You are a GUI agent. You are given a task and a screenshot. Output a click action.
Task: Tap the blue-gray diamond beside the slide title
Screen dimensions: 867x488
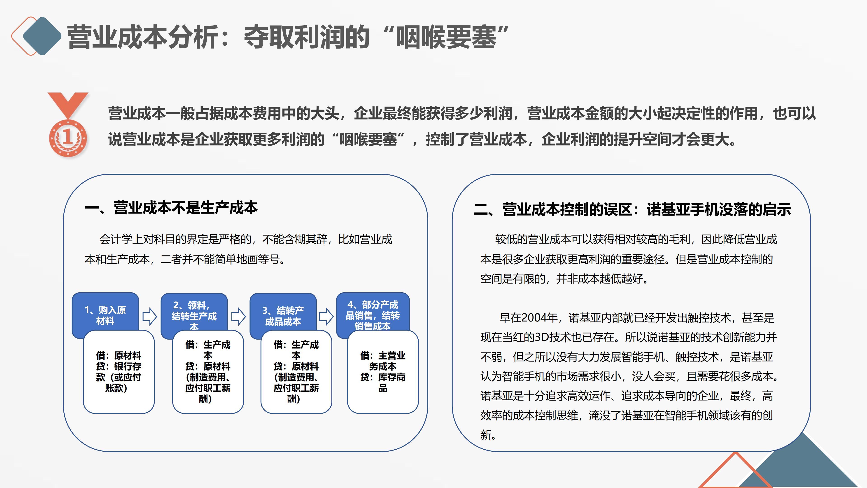[42, 36]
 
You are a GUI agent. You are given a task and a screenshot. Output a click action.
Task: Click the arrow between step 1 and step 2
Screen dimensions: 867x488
[150, 317]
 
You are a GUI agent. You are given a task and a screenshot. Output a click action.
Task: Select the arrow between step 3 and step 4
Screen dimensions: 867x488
[326, 317]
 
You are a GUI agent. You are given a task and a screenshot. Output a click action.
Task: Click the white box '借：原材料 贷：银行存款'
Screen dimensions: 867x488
[119, 372]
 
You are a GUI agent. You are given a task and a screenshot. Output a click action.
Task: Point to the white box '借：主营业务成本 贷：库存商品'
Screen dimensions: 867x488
[383, 372]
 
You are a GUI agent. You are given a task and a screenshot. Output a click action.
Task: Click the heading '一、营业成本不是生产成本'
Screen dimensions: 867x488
[171, 208]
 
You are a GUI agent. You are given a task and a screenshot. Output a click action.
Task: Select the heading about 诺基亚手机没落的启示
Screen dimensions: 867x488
[632, 209]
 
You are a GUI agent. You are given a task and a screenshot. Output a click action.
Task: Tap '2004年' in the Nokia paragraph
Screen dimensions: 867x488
[542, 318]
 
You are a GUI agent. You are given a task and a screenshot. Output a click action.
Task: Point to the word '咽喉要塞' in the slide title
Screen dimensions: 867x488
[446, 37]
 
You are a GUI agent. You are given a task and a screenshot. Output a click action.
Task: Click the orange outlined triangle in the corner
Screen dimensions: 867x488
[735, 472]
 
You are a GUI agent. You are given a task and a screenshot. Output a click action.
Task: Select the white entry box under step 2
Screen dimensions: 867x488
[208, 372]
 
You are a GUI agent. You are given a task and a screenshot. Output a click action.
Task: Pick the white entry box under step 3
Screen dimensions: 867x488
[296, 372]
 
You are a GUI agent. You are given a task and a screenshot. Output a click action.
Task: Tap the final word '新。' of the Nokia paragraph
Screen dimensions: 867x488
[488, 435]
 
